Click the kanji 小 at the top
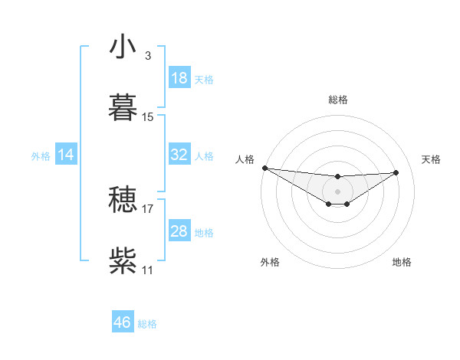[122, 47]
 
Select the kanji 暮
[122, 107]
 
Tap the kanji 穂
[122, 200]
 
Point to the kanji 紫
[122, 260]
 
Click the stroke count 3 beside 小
[147, 56]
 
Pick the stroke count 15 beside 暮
[148, 117]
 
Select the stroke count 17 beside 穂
[148, 208]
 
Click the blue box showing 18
[179, 78]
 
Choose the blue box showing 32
[179, 155]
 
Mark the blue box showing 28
[179, 231]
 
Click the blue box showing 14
[66, 155]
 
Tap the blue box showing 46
[122, 322]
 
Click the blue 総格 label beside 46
[147, 324]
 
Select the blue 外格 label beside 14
[41, 156]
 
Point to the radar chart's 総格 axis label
[337, 100]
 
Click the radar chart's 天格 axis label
[431, 159]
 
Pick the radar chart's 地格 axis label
[402, 262]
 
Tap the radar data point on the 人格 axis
[264, 168]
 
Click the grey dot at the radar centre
[337, 191]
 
